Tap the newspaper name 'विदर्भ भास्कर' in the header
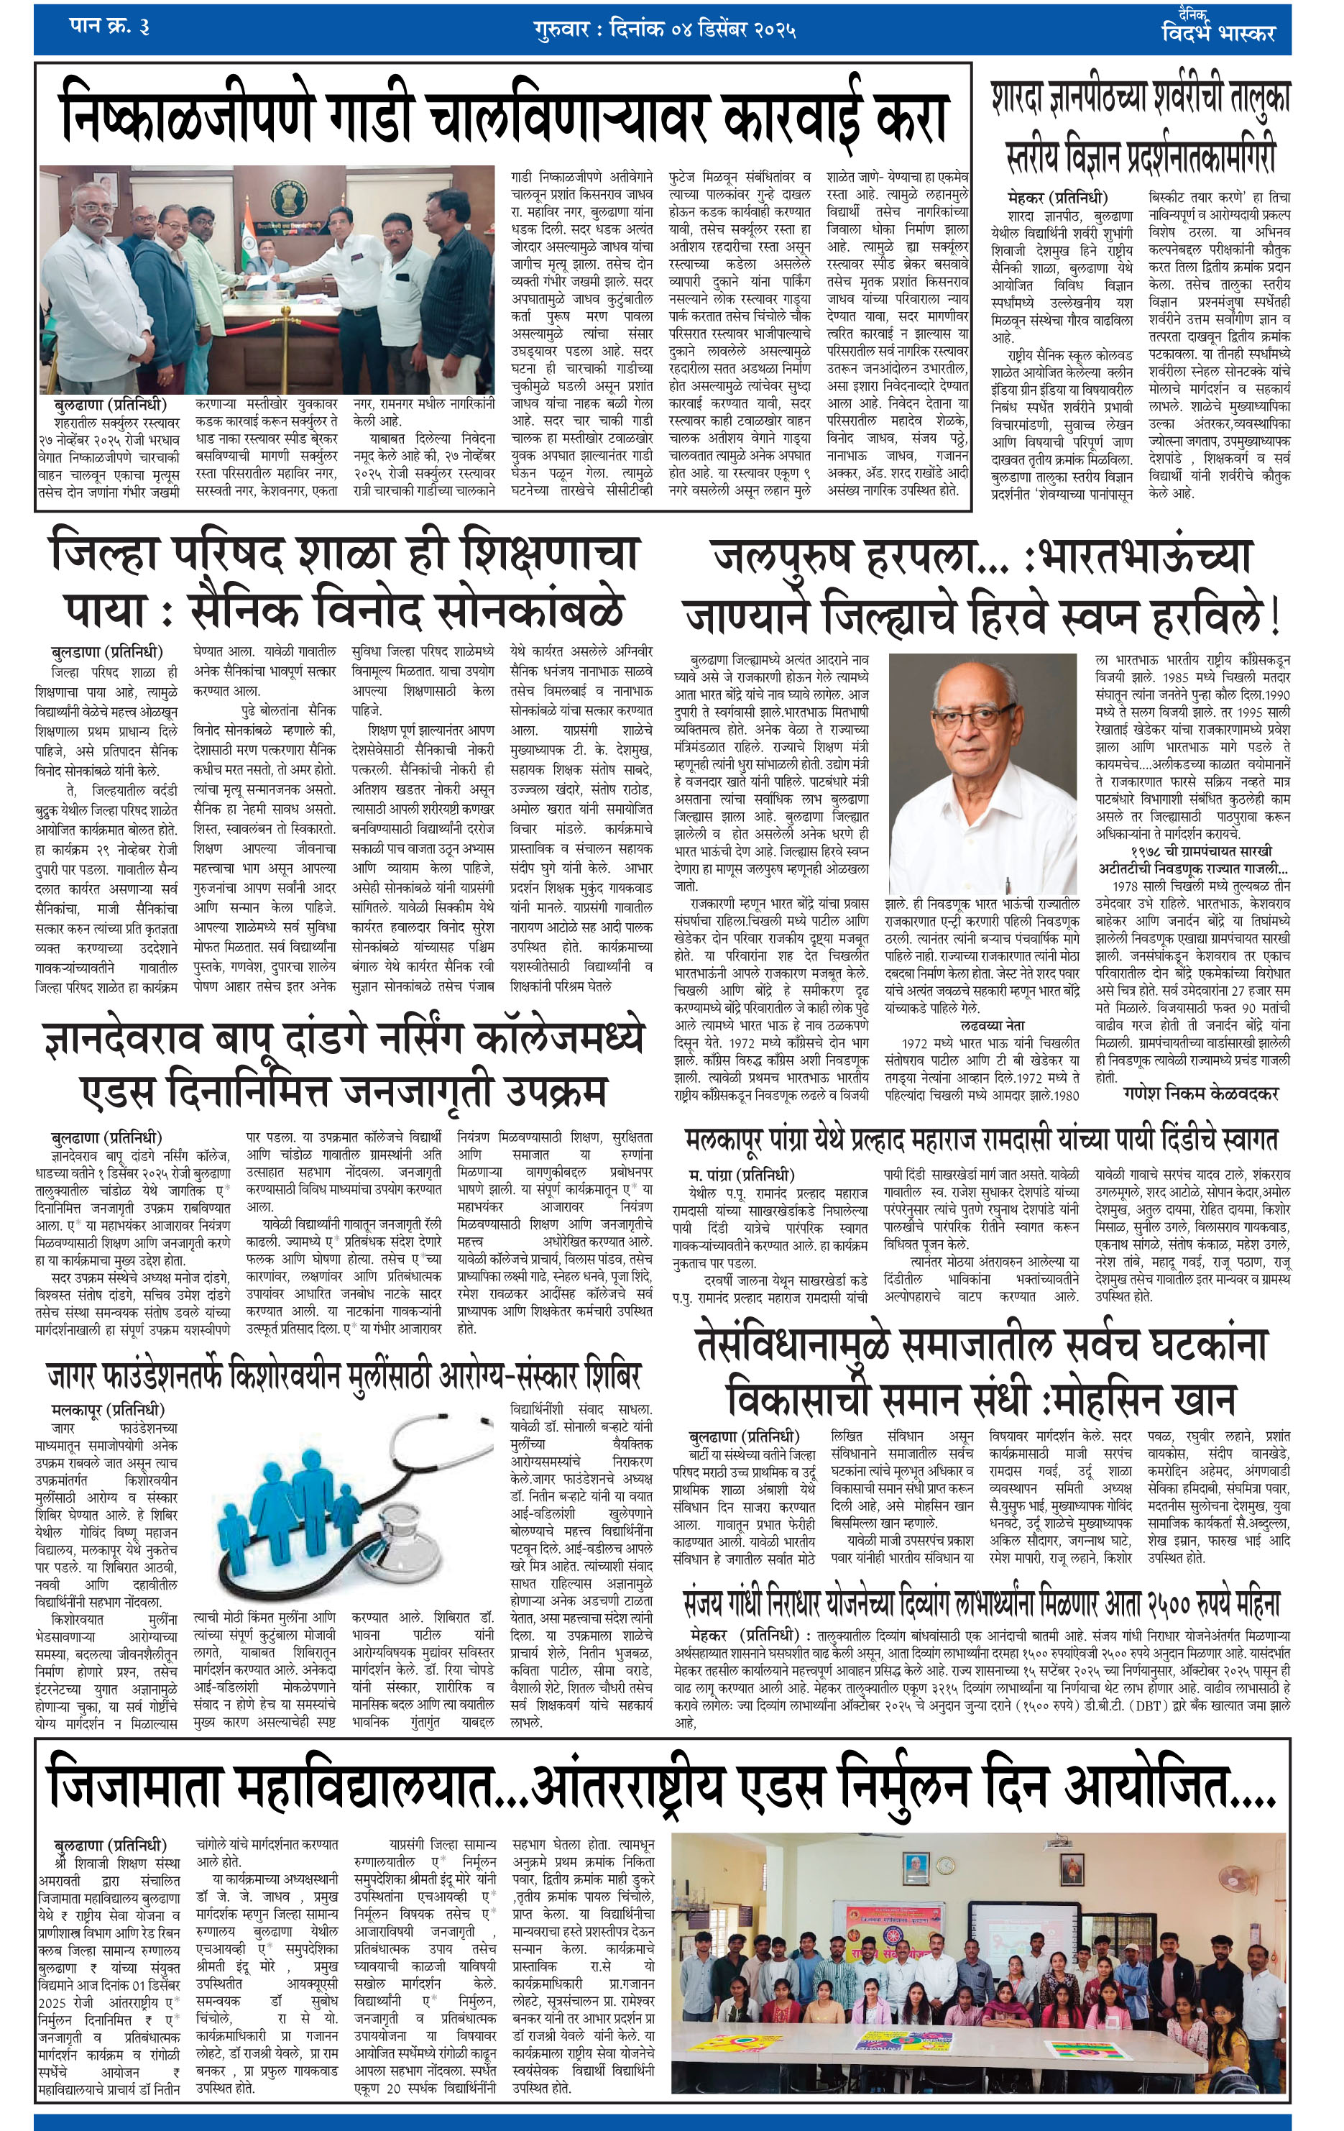pyautogui.click(x=1218, y=33)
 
